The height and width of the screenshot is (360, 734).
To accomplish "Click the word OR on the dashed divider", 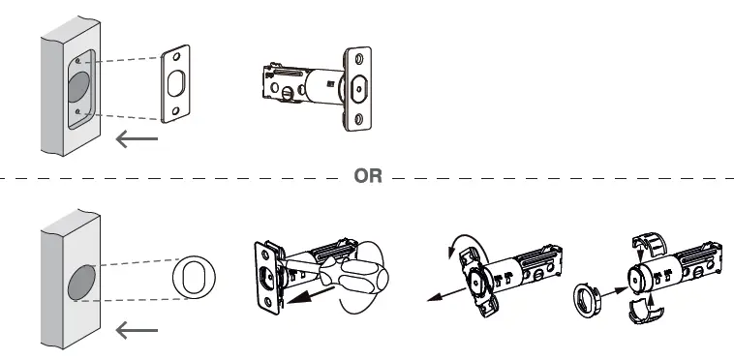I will click(x=369, y=177).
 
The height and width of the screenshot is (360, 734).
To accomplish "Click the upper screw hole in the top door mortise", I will click(x=77, y=61).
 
